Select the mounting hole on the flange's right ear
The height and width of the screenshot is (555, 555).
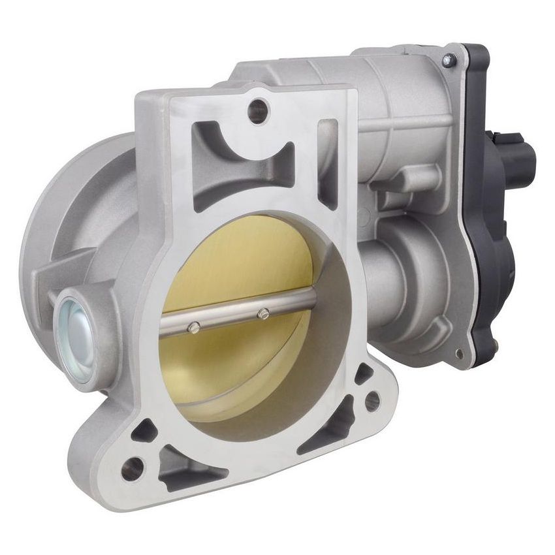coord(372,400)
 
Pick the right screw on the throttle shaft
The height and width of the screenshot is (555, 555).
coord(262,314)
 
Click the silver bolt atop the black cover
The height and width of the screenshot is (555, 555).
coord(448,59)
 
